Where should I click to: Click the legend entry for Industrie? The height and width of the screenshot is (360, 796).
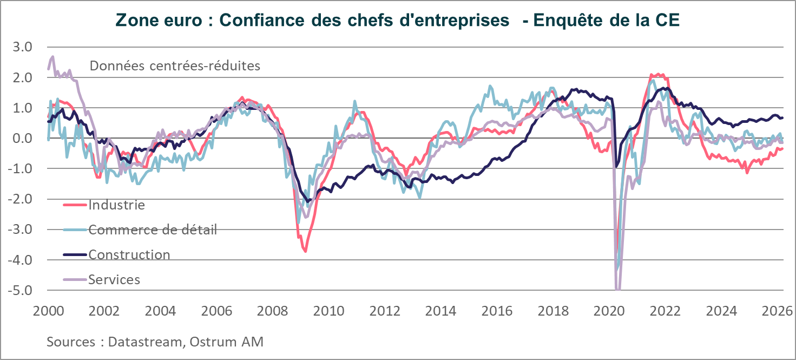tap(116, 205)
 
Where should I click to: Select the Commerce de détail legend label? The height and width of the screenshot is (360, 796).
tap(153, 230)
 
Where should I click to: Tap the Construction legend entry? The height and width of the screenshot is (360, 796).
tap(129, 254)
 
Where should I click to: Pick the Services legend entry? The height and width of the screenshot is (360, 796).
tap(114, 279)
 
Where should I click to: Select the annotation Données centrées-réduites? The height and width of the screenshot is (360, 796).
tap(175, 66)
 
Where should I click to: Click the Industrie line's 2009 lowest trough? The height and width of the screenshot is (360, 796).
tap(306, 251)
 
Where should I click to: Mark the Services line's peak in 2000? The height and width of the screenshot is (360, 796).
tap(52, 56)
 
